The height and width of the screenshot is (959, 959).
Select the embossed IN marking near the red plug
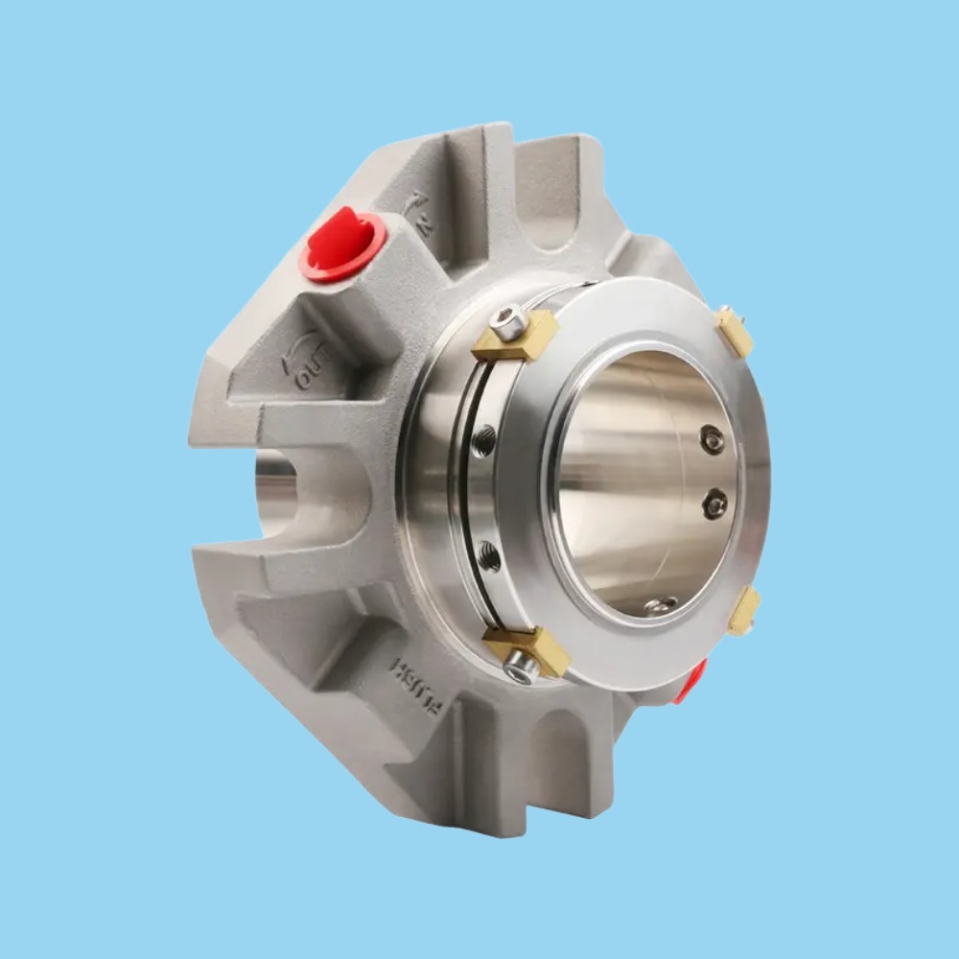(x=421, y=214)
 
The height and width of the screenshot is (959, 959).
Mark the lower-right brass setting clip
(x=743, y=611)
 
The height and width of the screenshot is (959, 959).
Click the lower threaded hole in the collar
(x=489, y=554)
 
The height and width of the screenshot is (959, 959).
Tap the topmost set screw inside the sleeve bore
(x=712, y=440)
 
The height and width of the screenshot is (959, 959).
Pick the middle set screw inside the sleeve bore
(x=714, y=503)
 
